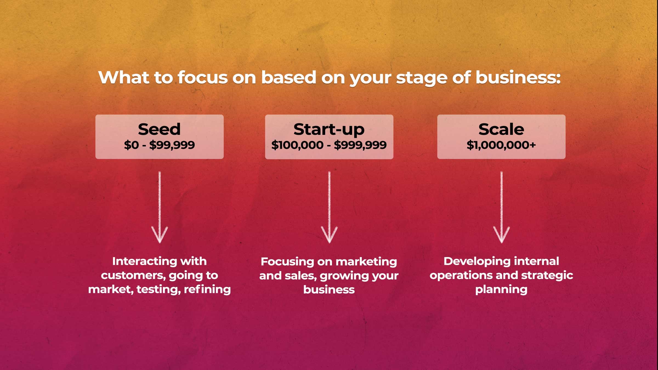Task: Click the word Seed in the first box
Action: [159, 129]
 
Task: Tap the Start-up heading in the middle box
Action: [329, 130]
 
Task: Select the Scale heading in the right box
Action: [501, 129]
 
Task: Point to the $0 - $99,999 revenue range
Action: [159, 145]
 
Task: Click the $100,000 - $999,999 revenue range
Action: [329, 145]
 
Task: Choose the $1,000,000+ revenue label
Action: [501, 145]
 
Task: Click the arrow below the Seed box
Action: [160, 207]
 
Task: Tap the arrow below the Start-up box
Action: [329, 207]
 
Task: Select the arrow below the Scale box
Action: [501, 207]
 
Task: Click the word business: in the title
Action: [518, 77]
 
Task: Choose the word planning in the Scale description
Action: [501, 290]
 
